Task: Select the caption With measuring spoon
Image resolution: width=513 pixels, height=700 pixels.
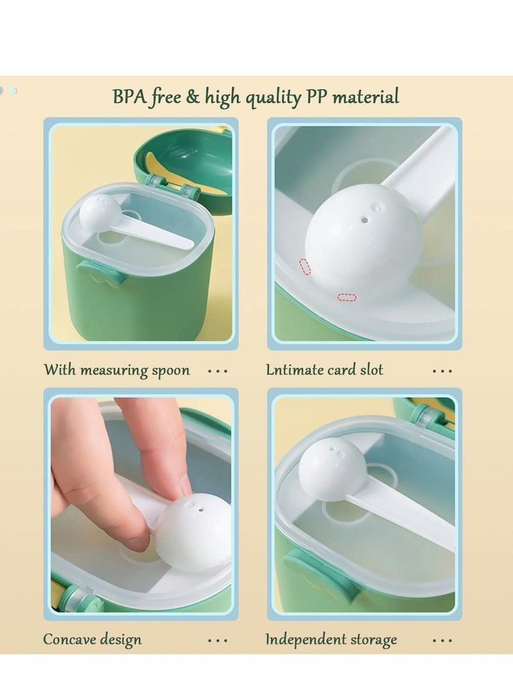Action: (117, 371)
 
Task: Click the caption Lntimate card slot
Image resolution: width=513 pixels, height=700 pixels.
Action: (324, 370)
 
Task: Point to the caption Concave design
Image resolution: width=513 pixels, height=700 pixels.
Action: (92, 639)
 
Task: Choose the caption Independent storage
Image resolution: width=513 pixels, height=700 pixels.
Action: (331, 639)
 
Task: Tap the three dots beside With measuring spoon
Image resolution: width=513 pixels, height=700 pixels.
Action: (217, 371)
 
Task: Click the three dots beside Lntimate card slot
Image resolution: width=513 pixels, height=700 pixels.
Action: (442, 371)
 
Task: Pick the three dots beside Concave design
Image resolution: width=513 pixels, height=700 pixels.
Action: (217, 640)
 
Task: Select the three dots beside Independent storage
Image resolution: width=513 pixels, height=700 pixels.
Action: (442, 640)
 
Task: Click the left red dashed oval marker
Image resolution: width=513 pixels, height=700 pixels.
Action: (305, 267)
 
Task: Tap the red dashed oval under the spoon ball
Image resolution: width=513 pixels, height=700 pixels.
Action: (347, 297)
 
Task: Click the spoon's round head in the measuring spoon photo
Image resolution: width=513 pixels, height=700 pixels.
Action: (99, 212)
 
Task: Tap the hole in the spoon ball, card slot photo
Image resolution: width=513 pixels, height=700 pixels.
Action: (364, 220)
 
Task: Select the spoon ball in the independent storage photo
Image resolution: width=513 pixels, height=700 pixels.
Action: (333, 469)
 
